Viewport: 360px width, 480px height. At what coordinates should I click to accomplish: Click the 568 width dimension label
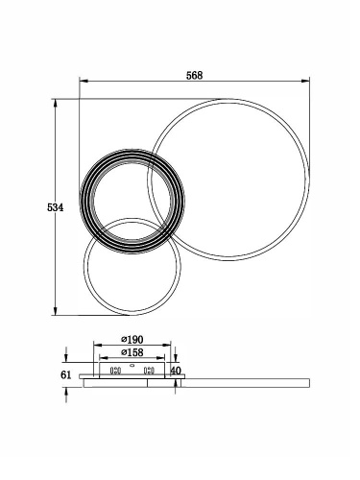tap(194, 76)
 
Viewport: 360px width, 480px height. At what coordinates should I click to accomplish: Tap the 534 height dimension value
tap(56, 207)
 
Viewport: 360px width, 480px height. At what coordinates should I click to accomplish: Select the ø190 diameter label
tap(132, 339)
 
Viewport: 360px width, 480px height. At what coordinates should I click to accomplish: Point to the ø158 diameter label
tap(132, 352)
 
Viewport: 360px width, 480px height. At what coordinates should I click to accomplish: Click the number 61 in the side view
tap(65, 374)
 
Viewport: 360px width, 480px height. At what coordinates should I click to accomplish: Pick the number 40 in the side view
tap(176, 371)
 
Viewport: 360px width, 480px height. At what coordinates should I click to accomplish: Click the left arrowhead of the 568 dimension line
tap(84, 81)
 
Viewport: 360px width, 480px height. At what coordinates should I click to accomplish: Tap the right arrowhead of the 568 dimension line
tap(305, 81)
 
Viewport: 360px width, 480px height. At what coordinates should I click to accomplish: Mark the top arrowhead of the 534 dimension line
tap(56, 103)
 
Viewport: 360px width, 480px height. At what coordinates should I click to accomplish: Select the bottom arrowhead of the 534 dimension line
tap(56, 311)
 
